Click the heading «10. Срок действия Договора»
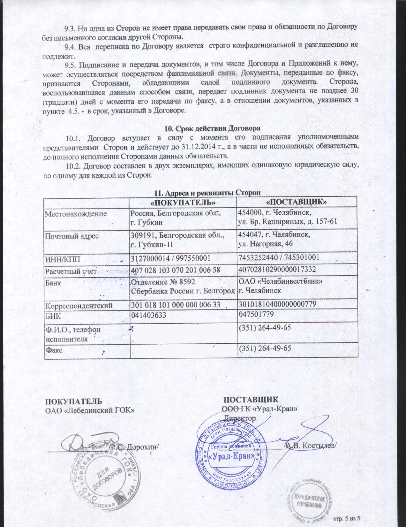[212, 129]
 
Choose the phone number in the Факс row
[265, 348]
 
